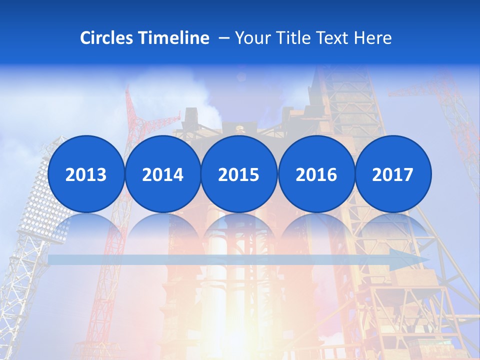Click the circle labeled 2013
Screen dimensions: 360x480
click(x=86, y=174)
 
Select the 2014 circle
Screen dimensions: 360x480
click(x=162, y=174)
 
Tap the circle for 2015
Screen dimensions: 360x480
click(x=239, y=174)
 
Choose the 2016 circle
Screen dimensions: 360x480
click(x=316, y=174)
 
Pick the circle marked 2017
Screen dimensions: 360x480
click(x=393, y=174)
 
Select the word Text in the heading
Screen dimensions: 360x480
click(x=332, y=38)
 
